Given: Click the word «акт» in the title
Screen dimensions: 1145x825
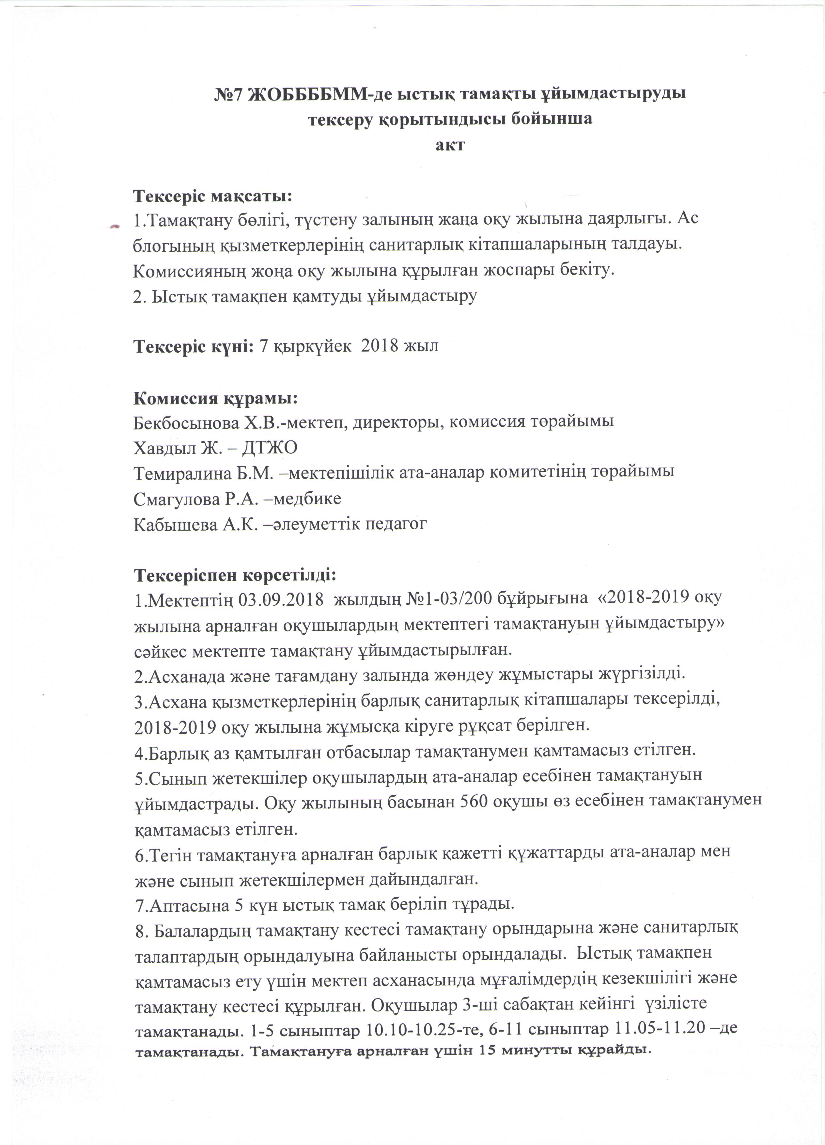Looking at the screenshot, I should tap(450, 145).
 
